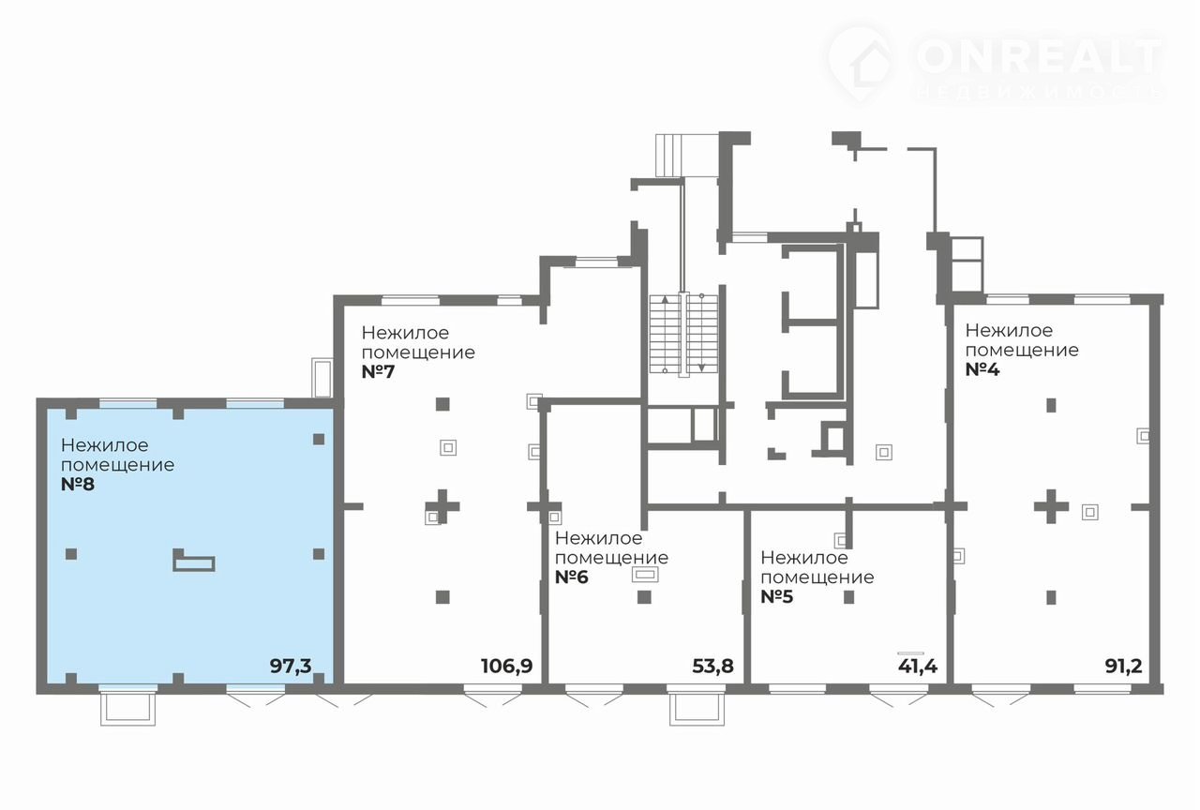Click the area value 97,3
click(291, 667)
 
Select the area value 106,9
click(507, 667)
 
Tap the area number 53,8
click(712, 667)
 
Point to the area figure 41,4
click(918, 667)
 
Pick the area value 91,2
click(1123, 667)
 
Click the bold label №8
click(78, 485)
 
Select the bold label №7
click(378, 372)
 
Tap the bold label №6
click(572, 577)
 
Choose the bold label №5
click(777, 597)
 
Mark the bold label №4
click(982, 369)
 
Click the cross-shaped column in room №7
click(442, 506)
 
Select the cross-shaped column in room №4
click(1051, 506)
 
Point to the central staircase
click(683, 335)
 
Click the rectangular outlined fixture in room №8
click(193, 561)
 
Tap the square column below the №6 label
click(644, 597)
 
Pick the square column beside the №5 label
click(849, 597)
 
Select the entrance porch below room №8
click(128, 710)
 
